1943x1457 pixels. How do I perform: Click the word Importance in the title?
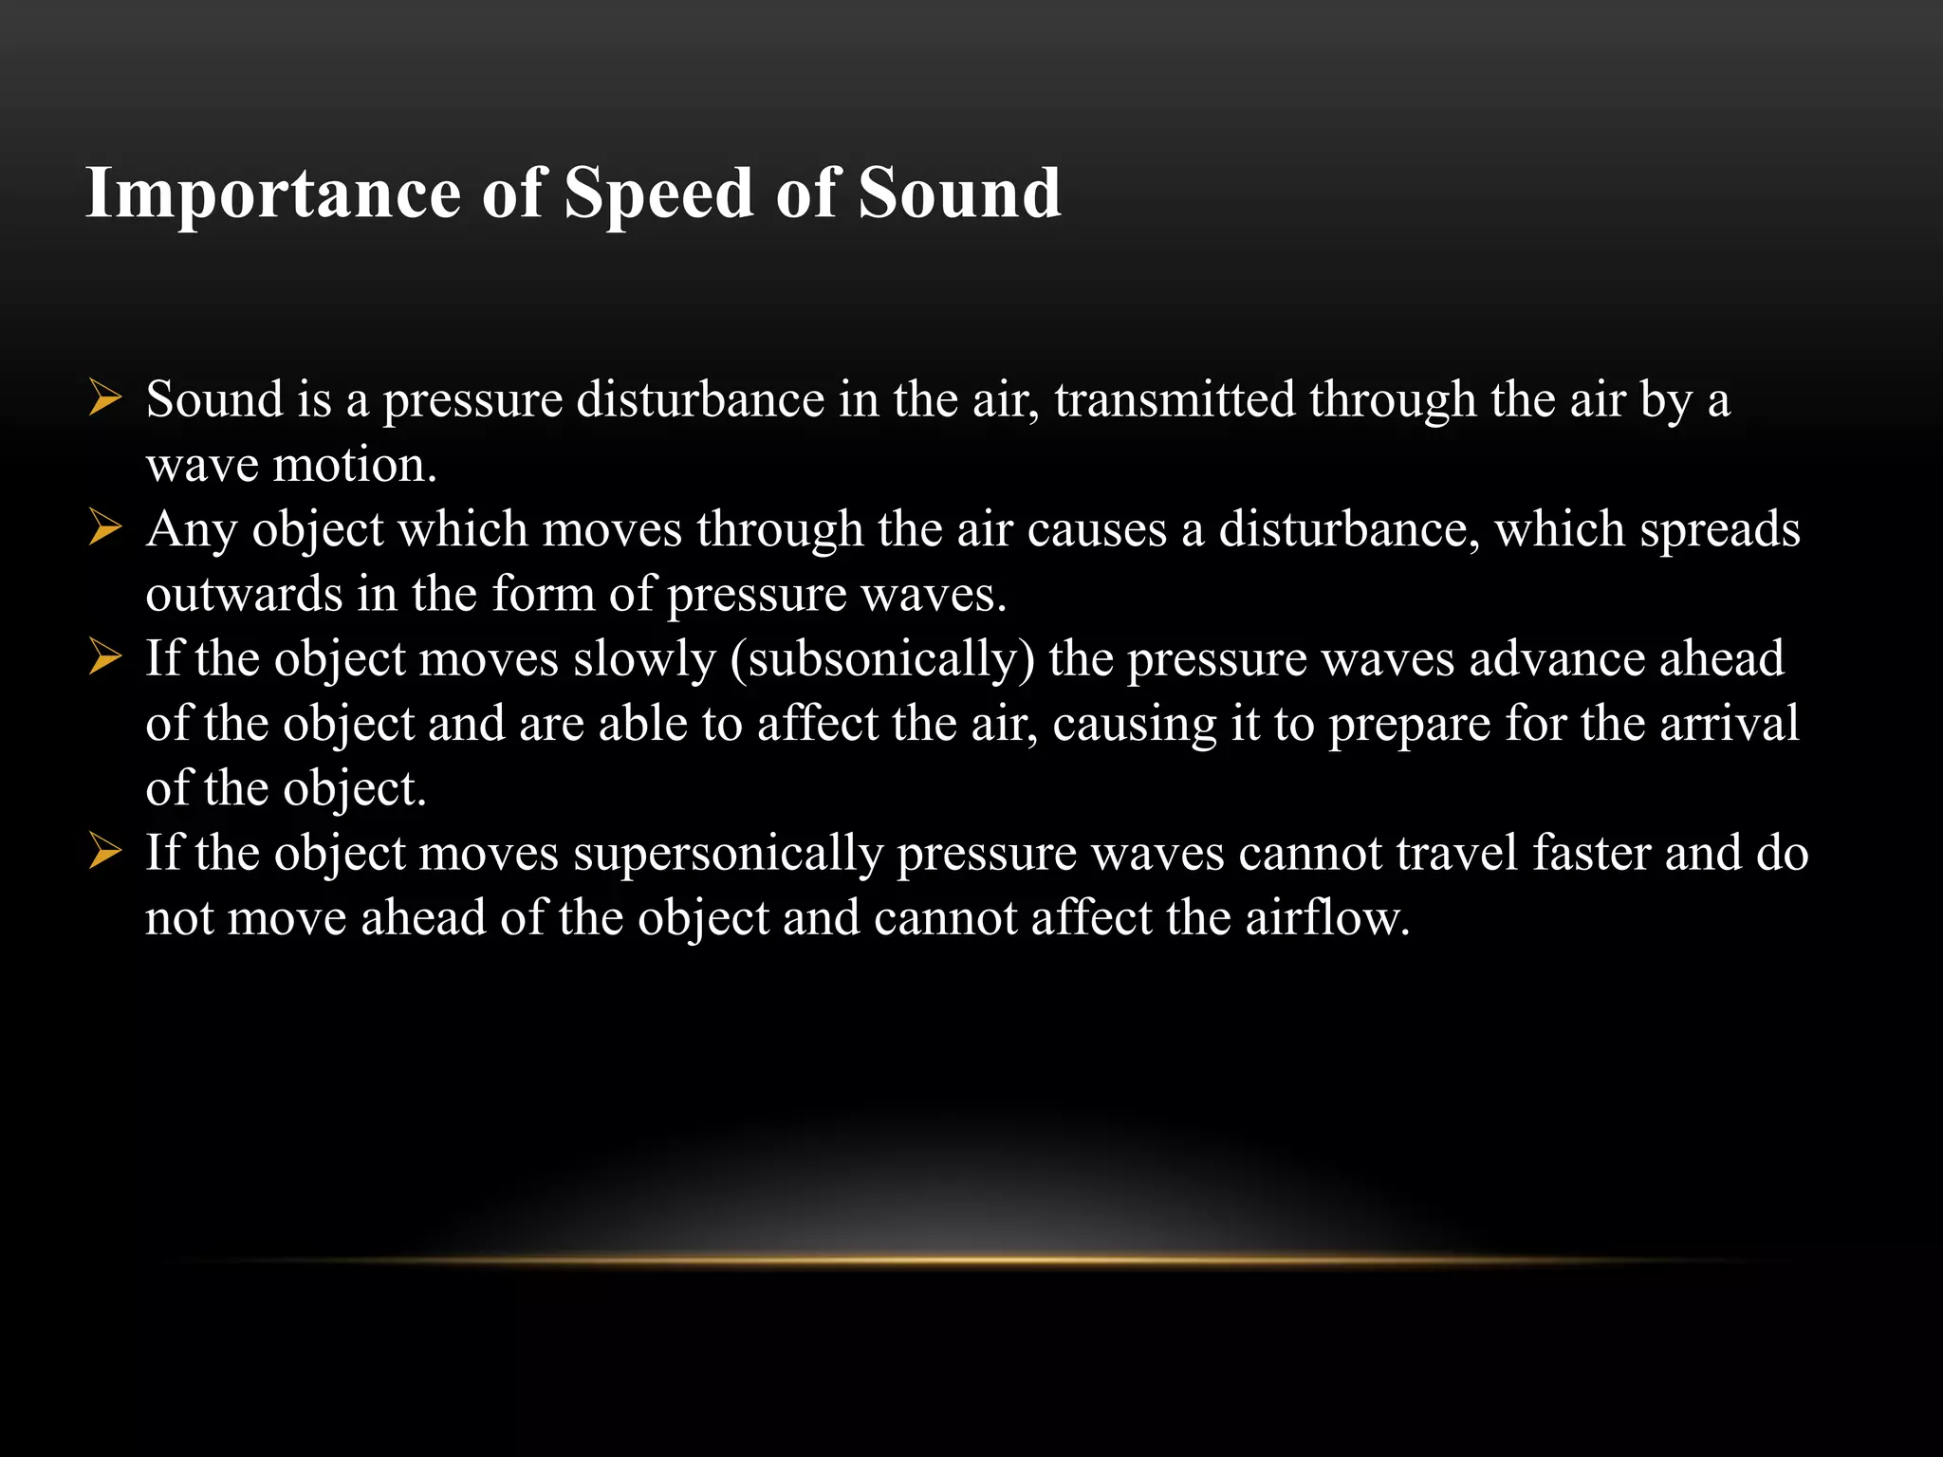[x=273, y=194]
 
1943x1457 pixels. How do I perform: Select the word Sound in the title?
[x=959, y=193]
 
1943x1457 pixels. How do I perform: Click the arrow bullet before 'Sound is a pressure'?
[x=104, y=397]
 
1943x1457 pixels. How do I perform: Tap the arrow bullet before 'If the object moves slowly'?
[x=104, y=657]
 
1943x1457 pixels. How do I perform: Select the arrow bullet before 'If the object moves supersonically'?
[x=104, y=852]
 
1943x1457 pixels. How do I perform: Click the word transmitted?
[x=1175, y=398]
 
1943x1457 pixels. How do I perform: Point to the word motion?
[x=355, y=465]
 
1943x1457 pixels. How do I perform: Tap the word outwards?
[x=244, y=594]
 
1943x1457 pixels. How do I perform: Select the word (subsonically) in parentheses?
[x=882, y=659]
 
